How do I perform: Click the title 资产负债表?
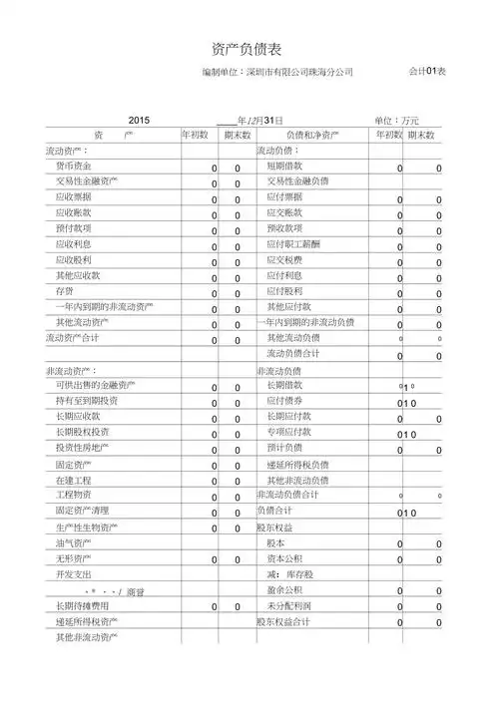(x=249, y=48)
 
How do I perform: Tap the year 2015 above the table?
(x=139, y=119)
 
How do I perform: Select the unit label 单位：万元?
(x=397, y=120)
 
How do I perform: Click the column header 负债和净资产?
(x=312, y=135)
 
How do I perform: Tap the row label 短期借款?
(x=284, y=166)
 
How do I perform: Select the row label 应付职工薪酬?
(x=293, y=244)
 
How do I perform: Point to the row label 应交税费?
(x=284, y=259)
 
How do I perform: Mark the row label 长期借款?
(x=284, y=385)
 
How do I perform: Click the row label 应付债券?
(x=284, y=401)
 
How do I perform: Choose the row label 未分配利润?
(x=288, y=605)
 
